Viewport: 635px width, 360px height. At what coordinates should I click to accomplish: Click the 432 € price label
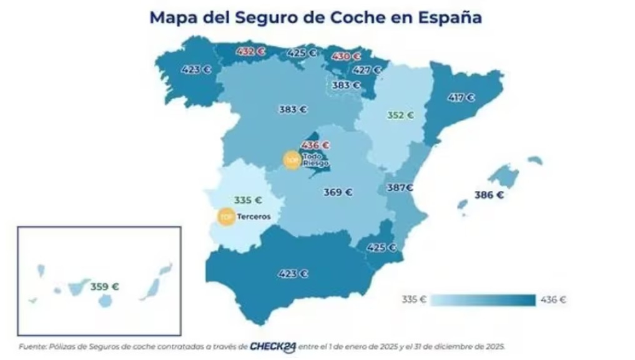pos(250,52)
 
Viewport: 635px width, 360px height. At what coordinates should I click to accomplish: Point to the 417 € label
pos(461,98)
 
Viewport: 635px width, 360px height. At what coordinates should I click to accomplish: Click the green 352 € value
pos(400,115)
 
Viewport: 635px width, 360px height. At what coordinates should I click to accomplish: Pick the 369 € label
pos(338,192)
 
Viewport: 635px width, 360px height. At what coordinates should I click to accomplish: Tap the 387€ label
pos(400,187)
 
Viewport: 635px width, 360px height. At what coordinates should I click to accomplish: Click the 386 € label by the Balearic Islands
pos(489,195)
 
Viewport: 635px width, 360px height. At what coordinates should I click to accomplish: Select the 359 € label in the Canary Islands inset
pos(104,287)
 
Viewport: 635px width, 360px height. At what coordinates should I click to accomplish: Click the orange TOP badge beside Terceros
pos(226,217)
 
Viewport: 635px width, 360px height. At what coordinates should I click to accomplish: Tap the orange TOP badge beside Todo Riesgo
pos(292,160)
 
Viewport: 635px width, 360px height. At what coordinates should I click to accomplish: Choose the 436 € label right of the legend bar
pos(553,299)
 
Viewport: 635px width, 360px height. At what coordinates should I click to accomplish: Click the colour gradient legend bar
pos(483,300)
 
